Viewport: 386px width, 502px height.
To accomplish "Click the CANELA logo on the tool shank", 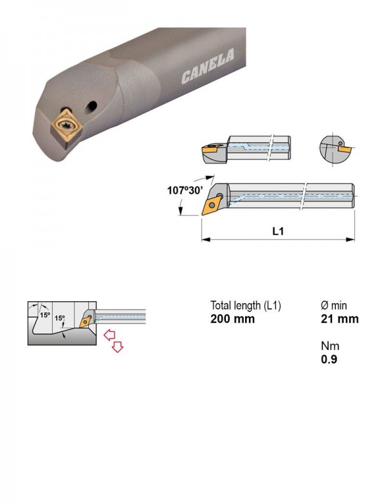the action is tap(207, 66).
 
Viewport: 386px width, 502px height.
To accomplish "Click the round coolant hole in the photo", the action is tap(91, 107).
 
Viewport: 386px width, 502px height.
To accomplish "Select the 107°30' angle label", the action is tap(185, 191).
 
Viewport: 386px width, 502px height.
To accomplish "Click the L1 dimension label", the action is tap(278, 231).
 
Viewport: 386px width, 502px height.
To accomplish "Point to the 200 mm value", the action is tap(232, 319).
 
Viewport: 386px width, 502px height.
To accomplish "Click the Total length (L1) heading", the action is tap(246, 306).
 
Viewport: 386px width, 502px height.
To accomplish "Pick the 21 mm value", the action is tap(340, 319).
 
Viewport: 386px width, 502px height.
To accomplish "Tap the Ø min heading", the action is tap(334, 306).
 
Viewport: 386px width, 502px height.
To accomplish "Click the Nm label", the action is tap(330, 346).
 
